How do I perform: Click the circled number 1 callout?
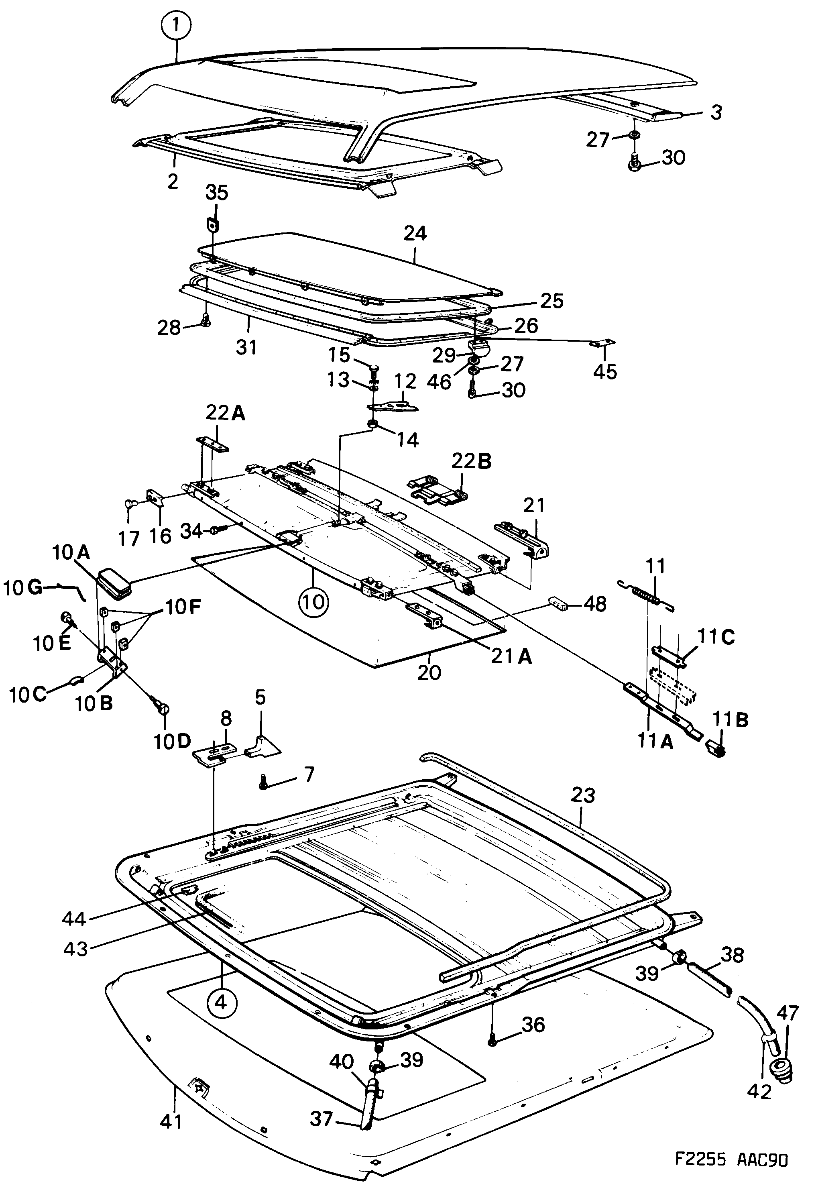175,25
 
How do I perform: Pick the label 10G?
23,588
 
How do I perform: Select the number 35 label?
217,193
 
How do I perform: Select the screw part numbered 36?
492,1040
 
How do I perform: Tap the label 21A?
511,656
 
